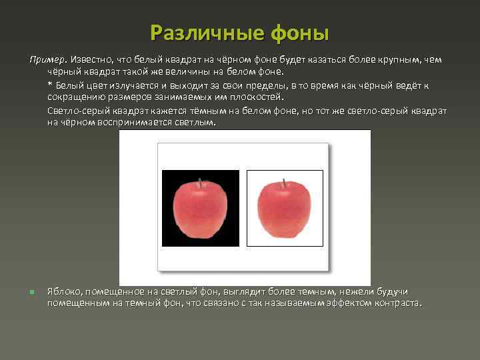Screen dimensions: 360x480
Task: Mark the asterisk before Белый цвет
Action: (50, 85)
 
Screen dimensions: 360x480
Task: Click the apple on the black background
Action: (200, 209)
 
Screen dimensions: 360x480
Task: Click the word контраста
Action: (400, 303)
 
